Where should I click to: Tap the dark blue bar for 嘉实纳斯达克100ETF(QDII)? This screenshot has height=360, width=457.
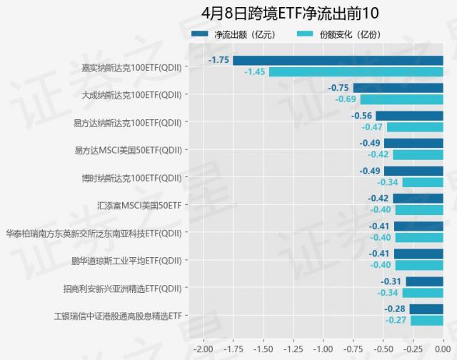click(x=338, y=61)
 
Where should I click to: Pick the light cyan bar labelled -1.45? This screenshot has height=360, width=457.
click(x=356, y=72)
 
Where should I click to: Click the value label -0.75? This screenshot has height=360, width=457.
click(x=338, y=88)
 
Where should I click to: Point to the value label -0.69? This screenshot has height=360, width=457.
click(x=346, y=99)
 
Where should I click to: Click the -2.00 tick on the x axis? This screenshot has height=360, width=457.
click(x=203, y=349)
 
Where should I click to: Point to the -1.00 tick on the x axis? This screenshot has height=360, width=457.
click(x=323, y=349)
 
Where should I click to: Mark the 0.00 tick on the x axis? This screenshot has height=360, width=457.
click(x=443, y=349)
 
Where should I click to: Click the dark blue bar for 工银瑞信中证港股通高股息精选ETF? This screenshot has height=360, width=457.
click(x=426, y=309)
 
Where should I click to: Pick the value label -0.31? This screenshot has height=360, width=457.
click(x=391, y=281)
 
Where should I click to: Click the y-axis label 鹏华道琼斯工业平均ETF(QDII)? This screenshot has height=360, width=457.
click(x=126, y=261)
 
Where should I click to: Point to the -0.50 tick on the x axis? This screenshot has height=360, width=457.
click(x=383, y=349)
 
